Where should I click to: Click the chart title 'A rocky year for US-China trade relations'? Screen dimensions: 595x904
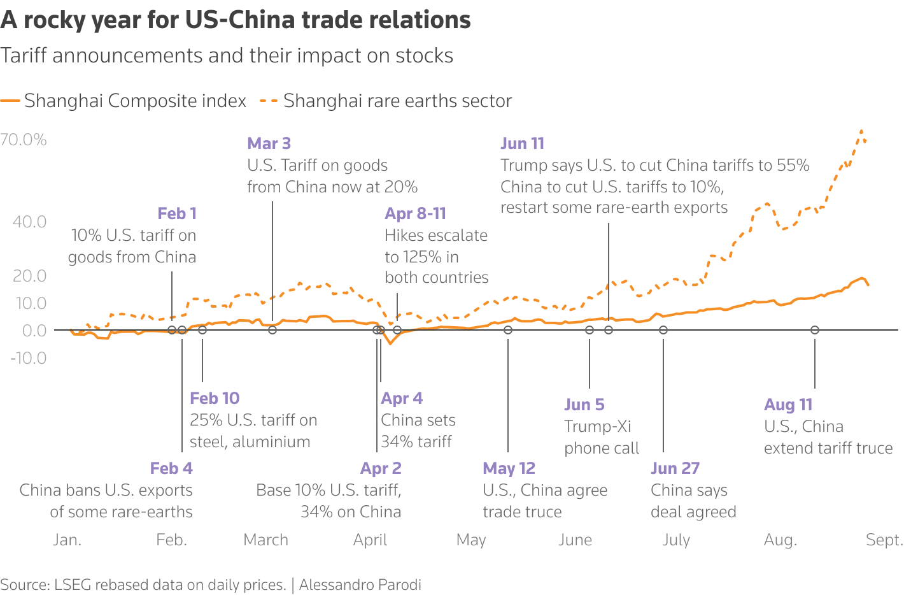pos(236,20)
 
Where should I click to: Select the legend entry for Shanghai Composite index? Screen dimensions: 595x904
pos(124,101)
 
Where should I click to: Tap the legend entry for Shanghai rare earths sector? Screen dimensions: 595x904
pos(386,101)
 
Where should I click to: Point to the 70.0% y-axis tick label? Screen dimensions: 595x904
pos(24,140)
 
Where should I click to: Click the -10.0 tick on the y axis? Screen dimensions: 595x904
pos(28,358)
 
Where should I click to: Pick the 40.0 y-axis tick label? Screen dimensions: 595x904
pos(29,222)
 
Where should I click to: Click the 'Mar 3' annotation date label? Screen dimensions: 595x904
pos(269,143)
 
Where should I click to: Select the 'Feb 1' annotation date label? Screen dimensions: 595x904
pos(176,213)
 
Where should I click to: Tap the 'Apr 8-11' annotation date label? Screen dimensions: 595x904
pos(415,213)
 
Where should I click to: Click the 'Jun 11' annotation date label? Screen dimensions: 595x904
pos(522,143)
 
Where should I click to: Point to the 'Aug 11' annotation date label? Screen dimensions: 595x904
pos(788,405)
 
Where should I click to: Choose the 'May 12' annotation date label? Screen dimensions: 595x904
pos(509,468)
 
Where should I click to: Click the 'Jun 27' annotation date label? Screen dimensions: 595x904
pos(675,468)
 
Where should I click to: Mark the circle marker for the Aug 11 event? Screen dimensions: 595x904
pos(815,330)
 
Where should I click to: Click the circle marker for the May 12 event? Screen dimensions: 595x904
pos(508,330)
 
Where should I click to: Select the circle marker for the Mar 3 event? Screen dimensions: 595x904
pos(272,330)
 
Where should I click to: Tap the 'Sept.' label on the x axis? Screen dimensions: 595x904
pos(884,540)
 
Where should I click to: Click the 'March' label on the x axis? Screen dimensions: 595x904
pos(265,540)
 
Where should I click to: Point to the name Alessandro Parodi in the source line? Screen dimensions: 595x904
pos(360,585)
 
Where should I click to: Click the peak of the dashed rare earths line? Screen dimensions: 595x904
pos(861,131)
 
